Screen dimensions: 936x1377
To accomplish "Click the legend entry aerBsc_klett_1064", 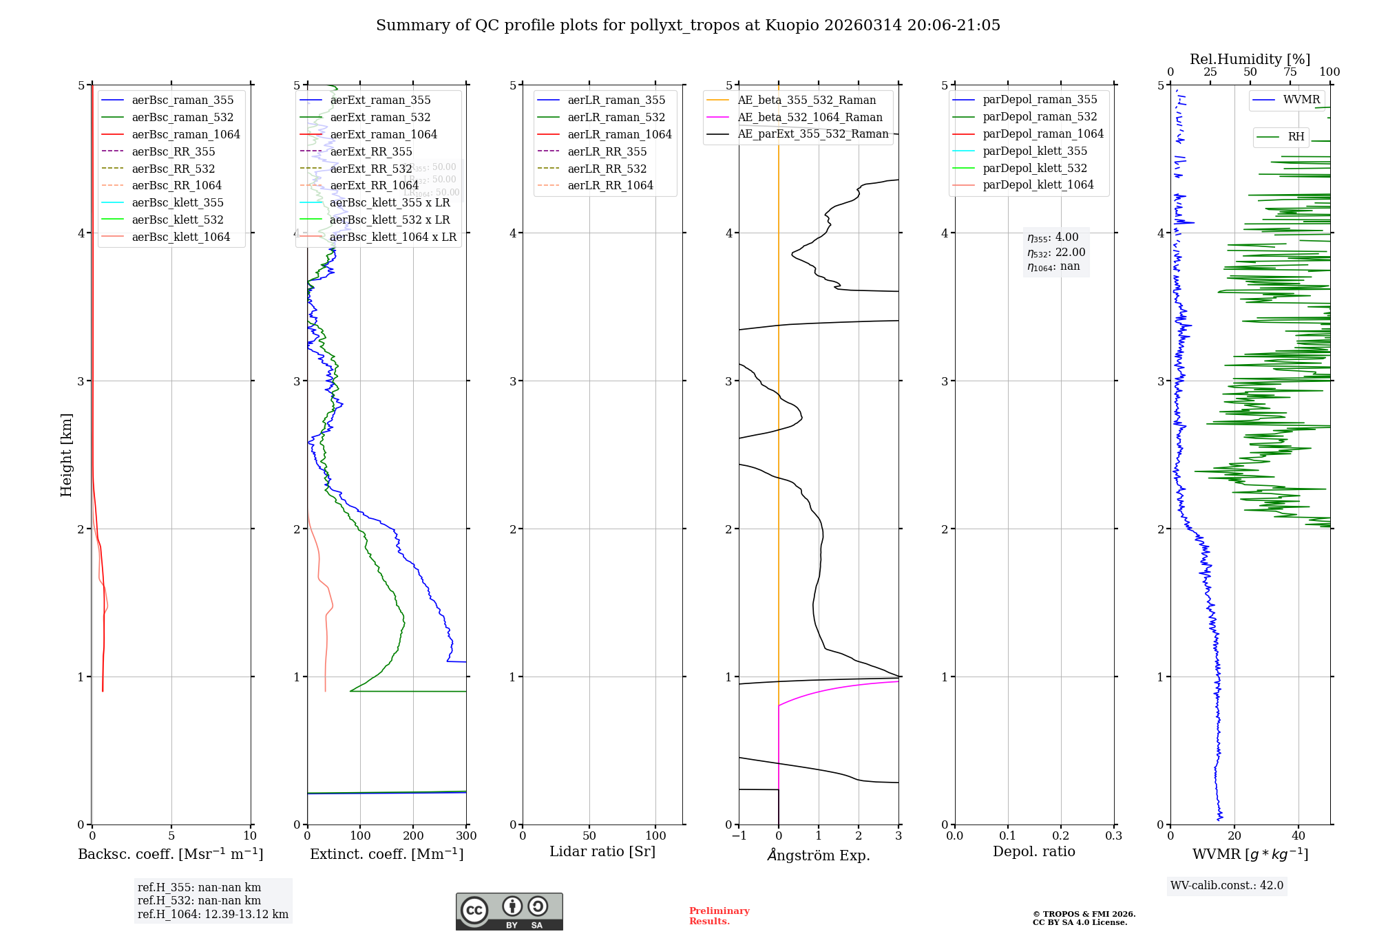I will pos(180,237).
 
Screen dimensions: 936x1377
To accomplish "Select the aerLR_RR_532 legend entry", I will pos(607,169).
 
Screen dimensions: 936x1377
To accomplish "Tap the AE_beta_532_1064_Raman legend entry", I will pos(810,117).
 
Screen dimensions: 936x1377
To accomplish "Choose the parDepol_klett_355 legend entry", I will pos(1035,151).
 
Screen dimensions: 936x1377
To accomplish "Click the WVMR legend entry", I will pos(1301,100).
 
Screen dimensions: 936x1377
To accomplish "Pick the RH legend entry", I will pos(1296,137).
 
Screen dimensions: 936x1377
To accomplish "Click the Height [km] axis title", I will pos(66,455).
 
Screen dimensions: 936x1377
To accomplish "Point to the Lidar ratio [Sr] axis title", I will pos(602,851).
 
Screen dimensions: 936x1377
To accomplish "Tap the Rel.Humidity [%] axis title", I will pos(1250,59).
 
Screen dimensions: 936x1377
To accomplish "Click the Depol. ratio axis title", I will pos(1033,851).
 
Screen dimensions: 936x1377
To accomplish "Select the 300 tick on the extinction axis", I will pos(466,836).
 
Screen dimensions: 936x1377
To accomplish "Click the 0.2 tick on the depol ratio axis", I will pos(1061,836).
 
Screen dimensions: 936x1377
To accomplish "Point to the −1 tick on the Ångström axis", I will pos(739,836).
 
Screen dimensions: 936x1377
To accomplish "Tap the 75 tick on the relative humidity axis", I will pos(1290,72).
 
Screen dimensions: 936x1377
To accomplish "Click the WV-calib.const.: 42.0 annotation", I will pos(1226,885).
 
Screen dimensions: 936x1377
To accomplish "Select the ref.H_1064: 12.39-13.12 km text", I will pos(213,914).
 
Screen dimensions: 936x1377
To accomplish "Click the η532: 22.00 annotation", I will pos(1056,253).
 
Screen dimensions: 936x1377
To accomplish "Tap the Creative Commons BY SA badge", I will pos(509,911).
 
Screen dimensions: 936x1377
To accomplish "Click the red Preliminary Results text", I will pos(719,916).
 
